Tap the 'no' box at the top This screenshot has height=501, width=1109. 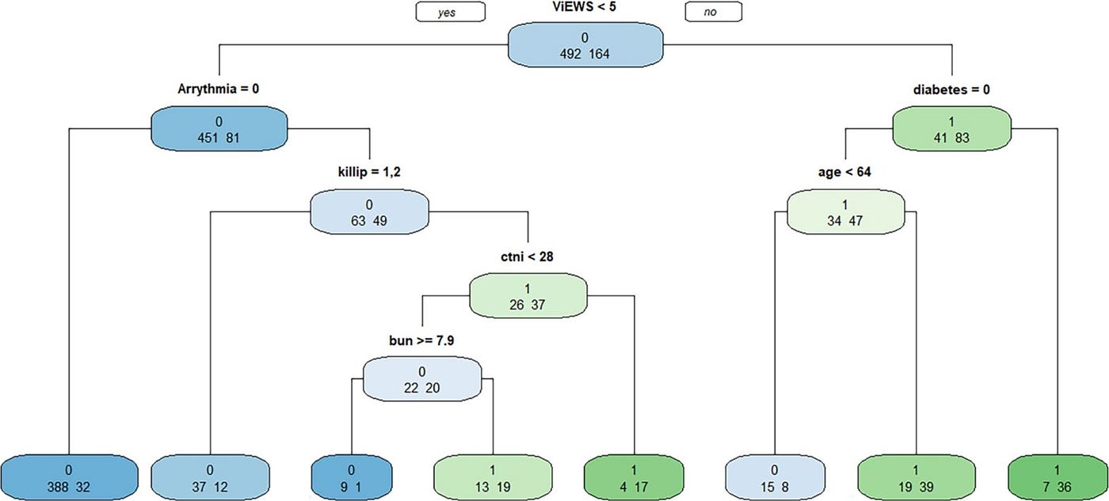pos(713,12)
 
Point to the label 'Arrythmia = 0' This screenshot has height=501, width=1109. pos(219,89)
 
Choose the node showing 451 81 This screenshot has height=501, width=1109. pos(219,127)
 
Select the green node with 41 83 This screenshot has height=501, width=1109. pos(951,127)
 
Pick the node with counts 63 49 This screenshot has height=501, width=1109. pos(369,211)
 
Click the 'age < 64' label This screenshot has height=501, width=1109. pos(845,172)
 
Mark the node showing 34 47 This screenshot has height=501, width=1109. pos(845,211)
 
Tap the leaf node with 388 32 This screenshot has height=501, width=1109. pos(70,475)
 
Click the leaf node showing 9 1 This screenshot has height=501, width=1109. pos(351,475)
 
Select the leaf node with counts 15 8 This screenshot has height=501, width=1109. pos(774,475)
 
